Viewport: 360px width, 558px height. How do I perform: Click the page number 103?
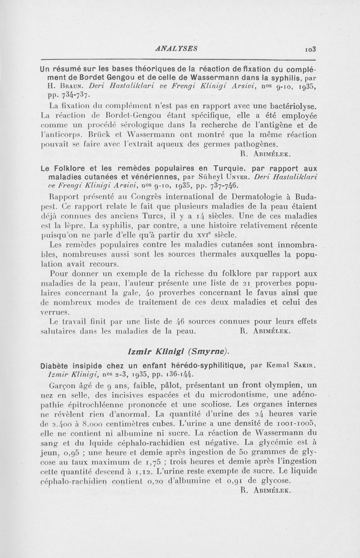point(310,49)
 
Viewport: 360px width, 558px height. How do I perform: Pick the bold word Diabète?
point(56,365)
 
